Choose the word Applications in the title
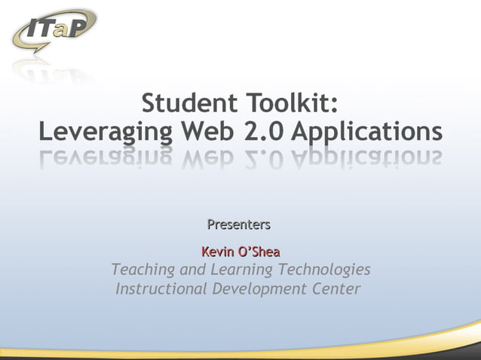366,133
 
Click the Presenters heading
239,224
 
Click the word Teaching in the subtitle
143,270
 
